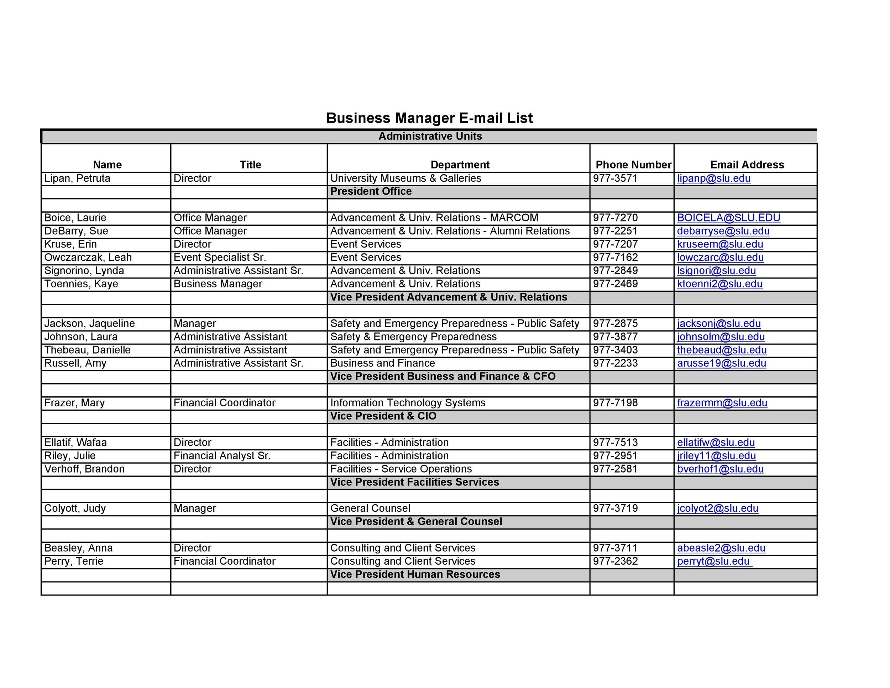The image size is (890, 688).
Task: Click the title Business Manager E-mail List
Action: [429, 118]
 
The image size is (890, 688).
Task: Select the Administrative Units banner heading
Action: [430, 136]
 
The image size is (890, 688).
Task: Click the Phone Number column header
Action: [633, 165]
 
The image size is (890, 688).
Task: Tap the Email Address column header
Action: [747, 165]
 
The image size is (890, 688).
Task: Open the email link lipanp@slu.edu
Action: [713, 178]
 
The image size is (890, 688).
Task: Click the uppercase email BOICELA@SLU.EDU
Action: [729, 218]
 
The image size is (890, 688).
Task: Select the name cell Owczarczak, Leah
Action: [88, 257]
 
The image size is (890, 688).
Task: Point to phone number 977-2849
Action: [615, 271]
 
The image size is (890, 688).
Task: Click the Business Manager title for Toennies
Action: [218, 284]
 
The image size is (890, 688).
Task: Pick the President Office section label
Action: [371, 192]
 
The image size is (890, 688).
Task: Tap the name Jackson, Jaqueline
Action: [89, 324]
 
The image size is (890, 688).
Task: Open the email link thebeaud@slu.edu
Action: [722, 350]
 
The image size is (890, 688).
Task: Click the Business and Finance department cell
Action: [382, 363]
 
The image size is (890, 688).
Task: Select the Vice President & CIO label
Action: [383, 416]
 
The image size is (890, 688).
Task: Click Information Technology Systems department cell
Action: [408, 403]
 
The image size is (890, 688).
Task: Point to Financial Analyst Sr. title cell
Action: [222, 456]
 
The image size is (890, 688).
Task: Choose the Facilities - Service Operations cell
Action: [401, 469]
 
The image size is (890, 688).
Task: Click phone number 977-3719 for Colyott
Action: [615, 509]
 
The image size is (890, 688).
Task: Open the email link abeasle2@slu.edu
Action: [721, 548]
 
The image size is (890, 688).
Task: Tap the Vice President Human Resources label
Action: [415, 575]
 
